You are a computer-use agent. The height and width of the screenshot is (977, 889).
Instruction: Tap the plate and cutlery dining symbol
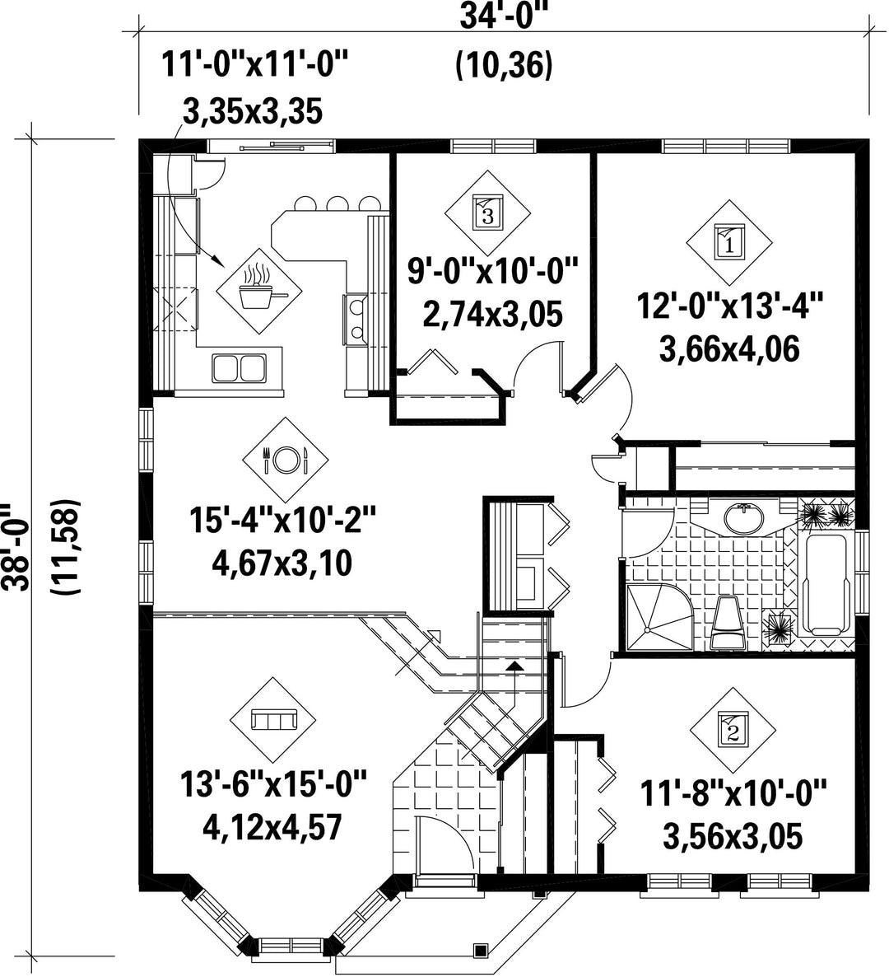click(x=286, y=460)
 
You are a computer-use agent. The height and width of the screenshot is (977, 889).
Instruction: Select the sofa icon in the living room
click(x=273, y=720)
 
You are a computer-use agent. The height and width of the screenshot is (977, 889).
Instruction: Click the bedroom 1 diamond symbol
click(x=729, y=241)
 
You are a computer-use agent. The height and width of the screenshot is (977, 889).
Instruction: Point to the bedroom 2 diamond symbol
click(x=733, y=730)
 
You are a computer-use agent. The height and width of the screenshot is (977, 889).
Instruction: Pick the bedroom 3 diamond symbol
click(x=487, y=213)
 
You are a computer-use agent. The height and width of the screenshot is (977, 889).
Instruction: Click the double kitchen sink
click(x=240, y=367)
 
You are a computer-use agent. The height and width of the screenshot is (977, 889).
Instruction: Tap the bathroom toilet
click(x=726, y=622)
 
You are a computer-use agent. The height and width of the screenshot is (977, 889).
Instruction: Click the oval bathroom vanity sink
click(x=743, y=517)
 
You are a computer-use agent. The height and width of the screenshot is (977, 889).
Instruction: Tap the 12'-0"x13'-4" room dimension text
click(x=729, y=306)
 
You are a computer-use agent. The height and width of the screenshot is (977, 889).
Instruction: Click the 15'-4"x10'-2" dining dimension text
click(x=284, y=521)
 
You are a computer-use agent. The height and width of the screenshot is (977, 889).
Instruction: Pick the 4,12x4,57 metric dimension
click(x=272, y=827)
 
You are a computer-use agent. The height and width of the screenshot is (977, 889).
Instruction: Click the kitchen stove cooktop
click(x=356, y=319)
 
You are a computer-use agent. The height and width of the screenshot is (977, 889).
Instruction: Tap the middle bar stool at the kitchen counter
click(x=337, y=203)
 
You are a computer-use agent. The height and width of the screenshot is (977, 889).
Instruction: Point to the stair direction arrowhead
click(x=514, y=666)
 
